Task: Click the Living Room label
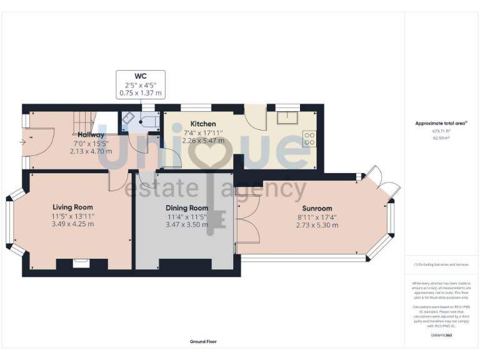[x=72, y=207]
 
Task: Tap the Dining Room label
[x=186, y=207]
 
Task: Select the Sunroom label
[x=317, y=208]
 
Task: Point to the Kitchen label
[x=203, y=124]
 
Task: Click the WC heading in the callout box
[x=141, y=76]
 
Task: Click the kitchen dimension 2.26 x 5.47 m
[x=203, y=141]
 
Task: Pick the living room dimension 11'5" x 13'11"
[x=72, y=216]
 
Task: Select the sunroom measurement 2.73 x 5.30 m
[x=317, y=225]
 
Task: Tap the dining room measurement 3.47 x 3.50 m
[x=186, y=224]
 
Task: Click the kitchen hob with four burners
[x=309, y=139]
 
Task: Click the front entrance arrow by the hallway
[x=23, y=142]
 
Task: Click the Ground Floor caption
[x=204, y=342]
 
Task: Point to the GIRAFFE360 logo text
[x=441, y=336]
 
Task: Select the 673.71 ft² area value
[x=441, y=131]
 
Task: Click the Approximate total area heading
[x=441, y=123]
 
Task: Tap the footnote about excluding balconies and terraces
[x=441, y=264]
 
